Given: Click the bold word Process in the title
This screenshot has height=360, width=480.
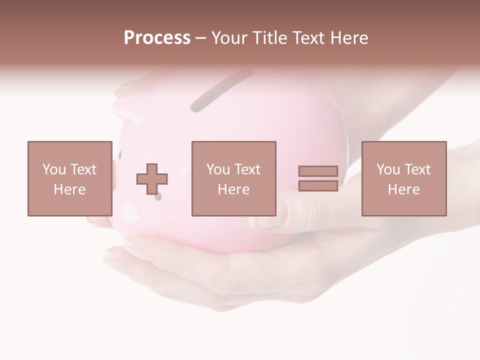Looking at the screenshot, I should [x=157, y=38].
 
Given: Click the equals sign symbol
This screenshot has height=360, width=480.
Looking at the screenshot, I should [x=318, y=178].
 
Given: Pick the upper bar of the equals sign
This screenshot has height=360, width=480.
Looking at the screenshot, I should [x=318, y=171].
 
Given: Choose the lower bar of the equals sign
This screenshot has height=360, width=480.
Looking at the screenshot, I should [x=318, y=185].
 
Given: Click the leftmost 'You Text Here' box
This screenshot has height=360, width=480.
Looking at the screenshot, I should [x=70, y=178].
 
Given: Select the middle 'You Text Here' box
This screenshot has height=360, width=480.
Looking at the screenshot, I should [x=234, y=178].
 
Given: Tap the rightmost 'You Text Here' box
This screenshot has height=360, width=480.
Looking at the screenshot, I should [x=404, y=178].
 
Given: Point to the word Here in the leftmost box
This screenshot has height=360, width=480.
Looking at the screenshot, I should [x=70, y=189].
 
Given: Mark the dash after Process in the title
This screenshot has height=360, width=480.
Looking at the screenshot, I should [x=200, y=38].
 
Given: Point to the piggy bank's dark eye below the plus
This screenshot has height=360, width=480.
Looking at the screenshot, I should [x=158, y=197].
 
